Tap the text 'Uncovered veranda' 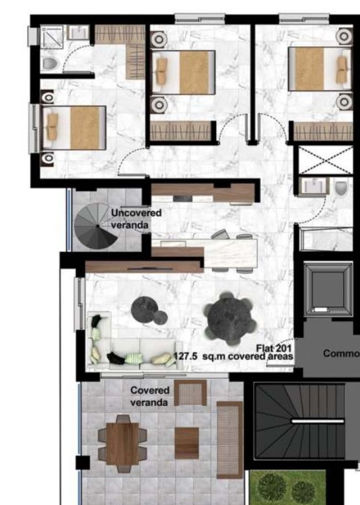click(x=136, y=219)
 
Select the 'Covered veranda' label click(x=150, y=396)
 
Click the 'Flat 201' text click(x=274, y=348)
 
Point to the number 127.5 click(x=185, y=357)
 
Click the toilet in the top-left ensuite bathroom click(x=50, y=63)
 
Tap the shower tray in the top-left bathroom click(x=52, y=37)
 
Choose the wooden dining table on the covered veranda click(x=122, y=443)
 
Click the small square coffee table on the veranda click(x=186, y=443)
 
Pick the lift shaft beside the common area click(x=328, y=289)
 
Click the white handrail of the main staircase click(x=317, y=421)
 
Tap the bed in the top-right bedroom click(x=320, y=69)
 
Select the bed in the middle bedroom click(x=183, y=73)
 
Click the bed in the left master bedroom click(x=74, y=128)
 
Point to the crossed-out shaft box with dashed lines click(x=326, y=160)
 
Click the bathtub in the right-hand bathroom click(x=326, y=240)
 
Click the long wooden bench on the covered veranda click(x=230, y=440)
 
